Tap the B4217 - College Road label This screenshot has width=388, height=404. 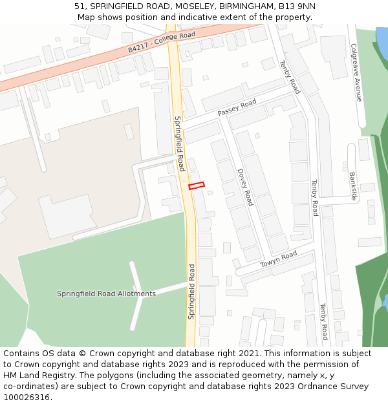coord(161,41)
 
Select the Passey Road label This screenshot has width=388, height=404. coord(237,107)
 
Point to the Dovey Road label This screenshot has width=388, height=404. coord(244,187)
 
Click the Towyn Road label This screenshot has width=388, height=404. coord(278,260)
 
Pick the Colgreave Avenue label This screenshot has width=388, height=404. coord(355,72)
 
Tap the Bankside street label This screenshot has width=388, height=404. coord(353,186)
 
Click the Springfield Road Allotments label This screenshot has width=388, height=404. coord(106,293)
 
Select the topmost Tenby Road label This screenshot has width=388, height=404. coord(290,77)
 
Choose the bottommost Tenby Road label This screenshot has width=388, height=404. coord(323,322)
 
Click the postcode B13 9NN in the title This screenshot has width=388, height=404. coord(298,6)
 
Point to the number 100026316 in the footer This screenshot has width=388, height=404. coord(27,398)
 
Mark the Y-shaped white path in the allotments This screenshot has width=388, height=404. coord(138,294)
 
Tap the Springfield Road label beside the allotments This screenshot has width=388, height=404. coord(191,291)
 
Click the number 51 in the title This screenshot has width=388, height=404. coord(80,6)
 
